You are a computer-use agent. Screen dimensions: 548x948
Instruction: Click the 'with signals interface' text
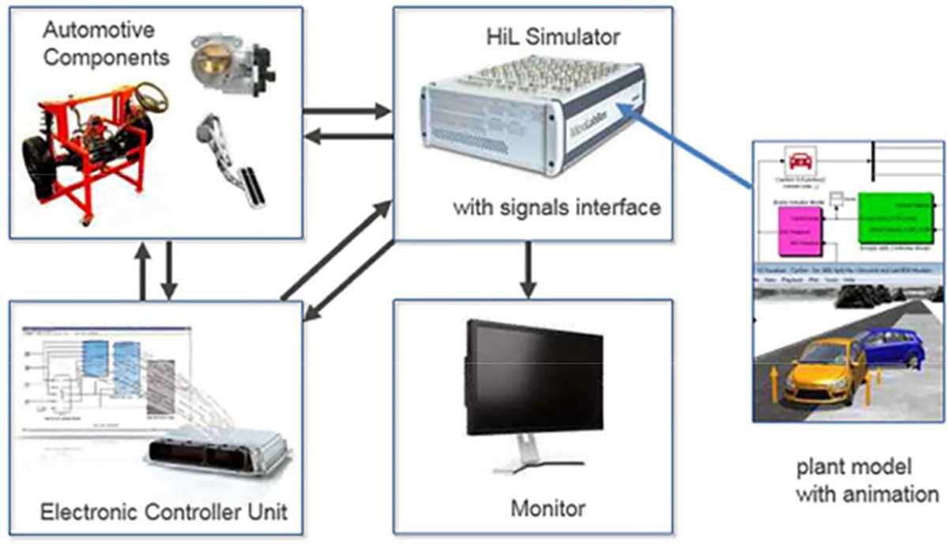(556, 209)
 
